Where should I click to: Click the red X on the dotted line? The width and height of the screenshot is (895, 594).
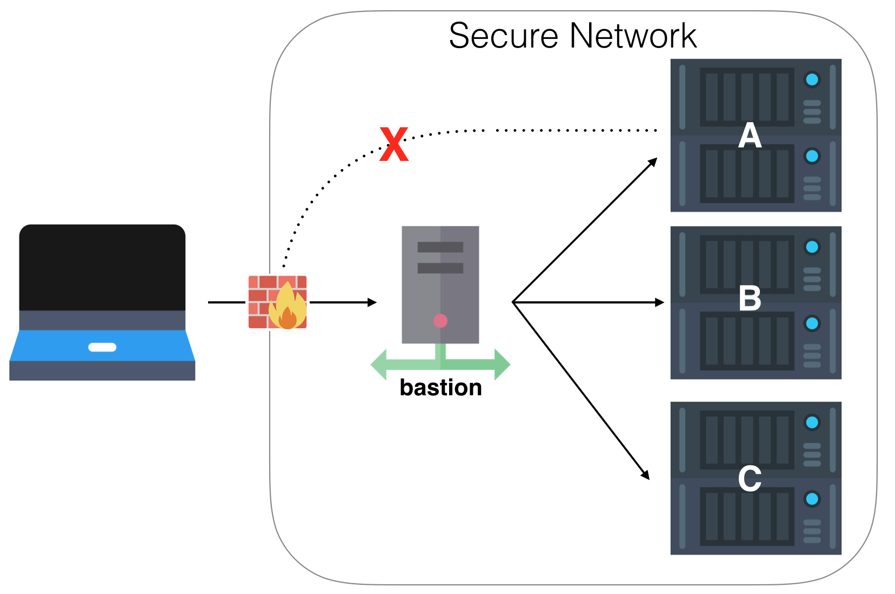click(x=393, y=145)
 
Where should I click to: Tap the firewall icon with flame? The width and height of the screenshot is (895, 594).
click(x=277, y=302)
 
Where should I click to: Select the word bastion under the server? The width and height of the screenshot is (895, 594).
click(x=440, y=388)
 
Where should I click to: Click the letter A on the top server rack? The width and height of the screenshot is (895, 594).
click(x=750, y=136)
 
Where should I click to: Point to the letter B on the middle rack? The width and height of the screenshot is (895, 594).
click(x=750, y=298)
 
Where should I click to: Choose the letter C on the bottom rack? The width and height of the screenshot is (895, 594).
click(x=750, y=478)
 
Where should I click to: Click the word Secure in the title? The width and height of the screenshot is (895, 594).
click(x=503, y=36)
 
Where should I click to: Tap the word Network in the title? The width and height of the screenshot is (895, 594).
click(x=633, y=36)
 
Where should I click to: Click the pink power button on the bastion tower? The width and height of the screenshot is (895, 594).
click(x=440, y=321)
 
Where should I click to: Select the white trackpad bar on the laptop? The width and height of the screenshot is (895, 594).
click(x=102, y=347)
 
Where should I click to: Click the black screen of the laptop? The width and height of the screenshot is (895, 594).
click(x=102, y=267)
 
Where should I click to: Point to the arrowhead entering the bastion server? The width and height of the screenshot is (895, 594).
click(x=372, y=302)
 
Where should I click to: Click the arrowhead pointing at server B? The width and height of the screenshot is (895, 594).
click(x=659, y=302)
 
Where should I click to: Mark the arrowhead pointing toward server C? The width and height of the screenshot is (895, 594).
click(x=645, y=475)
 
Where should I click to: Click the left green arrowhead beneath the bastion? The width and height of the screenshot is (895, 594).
click(x=379, y=364)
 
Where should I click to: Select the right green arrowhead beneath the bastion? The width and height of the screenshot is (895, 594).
click(x=502, y=364)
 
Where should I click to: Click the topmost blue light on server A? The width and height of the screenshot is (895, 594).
click(x=812, y=80)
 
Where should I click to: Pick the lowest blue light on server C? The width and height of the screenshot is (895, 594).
click(x=812, y=498)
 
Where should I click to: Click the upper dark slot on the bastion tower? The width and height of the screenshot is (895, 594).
click(x=440, y=247)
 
